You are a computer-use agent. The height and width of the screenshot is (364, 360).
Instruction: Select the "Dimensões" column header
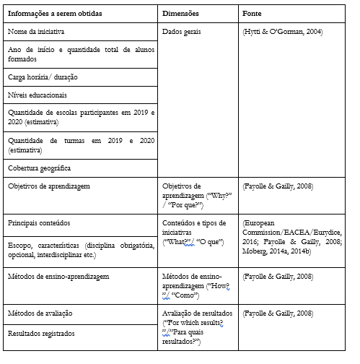coord(181,14)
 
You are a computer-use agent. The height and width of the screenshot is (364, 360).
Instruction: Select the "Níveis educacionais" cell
coord(38,95)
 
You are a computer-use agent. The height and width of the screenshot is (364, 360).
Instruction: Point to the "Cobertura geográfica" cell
coord(40,168)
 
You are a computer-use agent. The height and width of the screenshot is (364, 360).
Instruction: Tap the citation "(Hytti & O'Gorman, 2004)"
coord(283,32)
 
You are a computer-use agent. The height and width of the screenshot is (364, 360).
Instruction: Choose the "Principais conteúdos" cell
coord(39,222)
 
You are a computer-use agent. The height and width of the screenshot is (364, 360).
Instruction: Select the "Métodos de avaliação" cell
coord(40,313)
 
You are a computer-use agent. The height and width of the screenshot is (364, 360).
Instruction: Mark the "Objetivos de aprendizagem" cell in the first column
coord(48,186)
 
